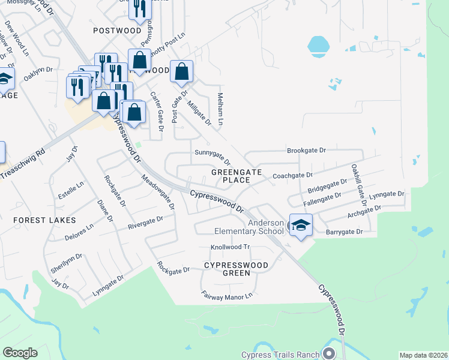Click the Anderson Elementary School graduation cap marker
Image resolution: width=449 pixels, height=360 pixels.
(301, 225)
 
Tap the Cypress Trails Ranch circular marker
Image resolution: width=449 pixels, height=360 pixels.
(328, 353)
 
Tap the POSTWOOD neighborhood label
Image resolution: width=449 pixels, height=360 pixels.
(116, 30)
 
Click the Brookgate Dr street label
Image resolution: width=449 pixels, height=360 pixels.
(306, 151)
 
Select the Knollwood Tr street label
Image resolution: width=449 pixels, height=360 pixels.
(230, 247)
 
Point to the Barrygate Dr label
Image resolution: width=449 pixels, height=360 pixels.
(345, 232)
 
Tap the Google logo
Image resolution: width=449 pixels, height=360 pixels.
(20, 353)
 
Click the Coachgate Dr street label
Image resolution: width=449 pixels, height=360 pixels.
(292, 175)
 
